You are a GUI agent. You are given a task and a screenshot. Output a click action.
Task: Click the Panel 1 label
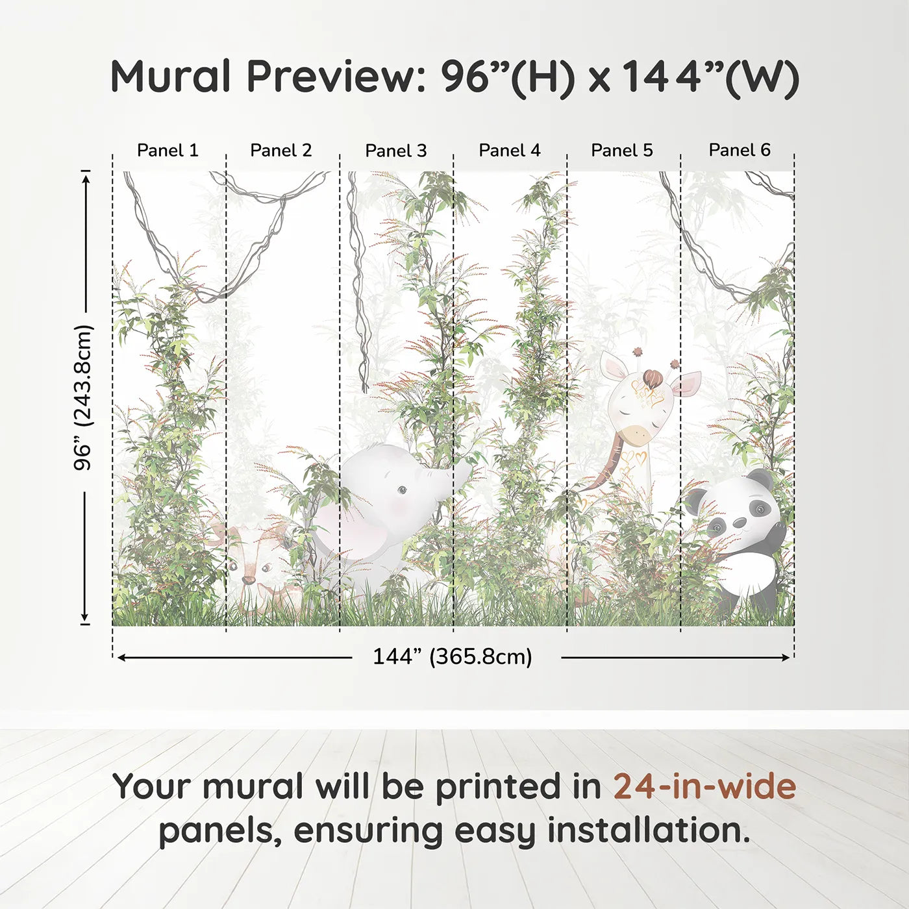168,151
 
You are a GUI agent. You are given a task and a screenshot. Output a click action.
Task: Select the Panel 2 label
281,151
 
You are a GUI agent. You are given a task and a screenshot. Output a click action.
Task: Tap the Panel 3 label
396,151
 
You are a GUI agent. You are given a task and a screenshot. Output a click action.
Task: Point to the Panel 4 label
510,151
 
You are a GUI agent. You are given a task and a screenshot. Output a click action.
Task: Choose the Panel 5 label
622,151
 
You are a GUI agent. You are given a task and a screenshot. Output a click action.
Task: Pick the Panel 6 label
739,150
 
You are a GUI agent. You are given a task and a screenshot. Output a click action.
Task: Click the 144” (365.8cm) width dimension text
453,656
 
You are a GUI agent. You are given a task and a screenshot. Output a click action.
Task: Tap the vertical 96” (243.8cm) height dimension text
83,397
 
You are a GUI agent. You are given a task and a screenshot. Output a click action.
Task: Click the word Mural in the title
171,77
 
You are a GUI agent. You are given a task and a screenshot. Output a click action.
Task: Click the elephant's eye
402,491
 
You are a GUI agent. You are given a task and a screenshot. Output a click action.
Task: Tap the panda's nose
740,522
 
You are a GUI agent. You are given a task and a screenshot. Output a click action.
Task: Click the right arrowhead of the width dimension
785,657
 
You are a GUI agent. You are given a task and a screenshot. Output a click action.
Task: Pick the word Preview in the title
336,77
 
